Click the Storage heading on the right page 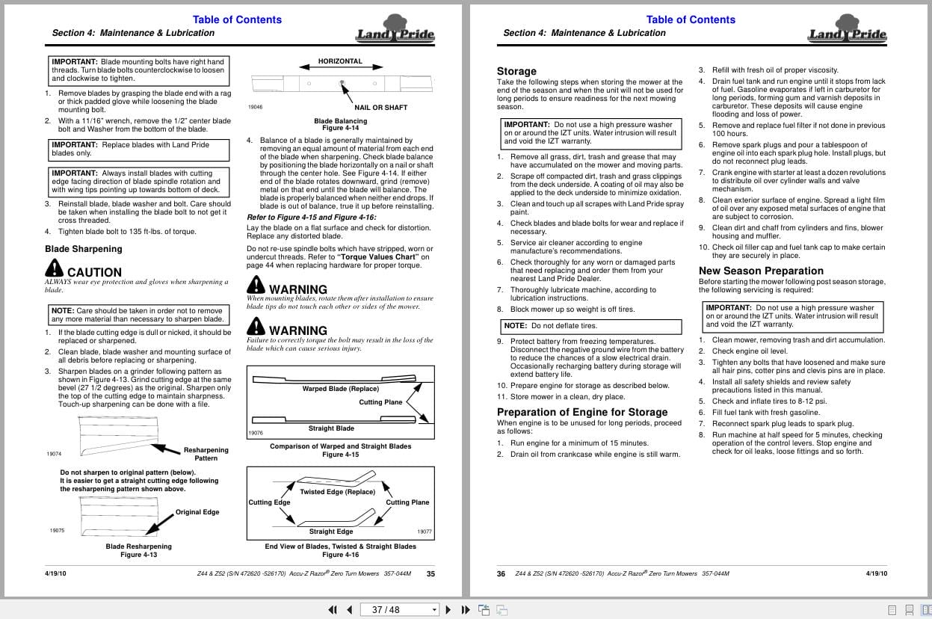click(x=516, y=71)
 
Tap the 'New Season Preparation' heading click(x=761, y=271)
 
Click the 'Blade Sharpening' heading click(x=83, y=249)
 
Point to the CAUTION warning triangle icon click(x=55, y=268)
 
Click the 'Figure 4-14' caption click(x=340, y=129)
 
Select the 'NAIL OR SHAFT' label click(x=380, y=108)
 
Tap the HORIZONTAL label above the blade click(x=340, y=61)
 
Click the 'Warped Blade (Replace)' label click(x=340, y=389)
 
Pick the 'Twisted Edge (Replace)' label click(x=337, y=492)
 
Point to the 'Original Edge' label click(x=197, y=512)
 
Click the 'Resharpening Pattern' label click(x=206, y=454)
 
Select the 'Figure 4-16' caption click(x=340, y=555)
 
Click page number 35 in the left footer click(x=430, y=574)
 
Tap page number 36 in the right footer click(x=501, y=574)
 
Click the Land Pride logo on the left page click(x=395, y=32)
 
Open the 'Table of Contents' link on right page click(x=690, y=19)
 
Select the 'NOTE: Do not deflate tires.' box click(x=590, y=326)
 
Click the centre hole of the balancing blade click(x=341, y=82)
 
